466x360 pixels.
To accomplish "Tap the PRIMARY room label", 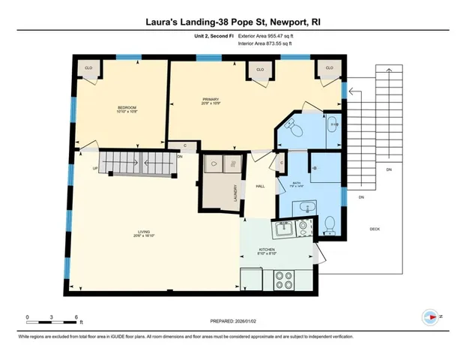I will (x=210, y=100).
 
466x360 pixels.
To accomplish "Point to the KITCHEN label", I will (x=267, y=249).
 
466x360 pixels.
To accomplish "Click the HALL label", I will (x=261, y=187).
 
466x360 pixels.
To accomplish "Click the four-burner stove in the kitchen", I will (x=285, y=280).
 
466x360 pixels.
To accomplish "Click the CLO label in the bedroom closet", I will (x=88, y=68).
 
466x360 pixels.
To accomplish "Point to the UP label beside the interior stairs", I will (x=94, y=168).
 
